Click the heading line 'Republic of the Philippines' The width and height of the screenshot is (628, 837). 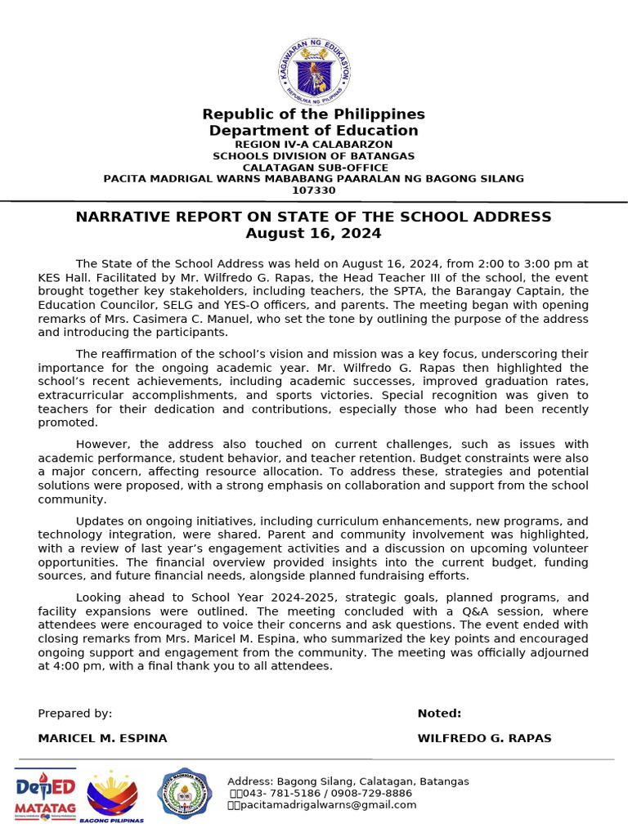point(313,114)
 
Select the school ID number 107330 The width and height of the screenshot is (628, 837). point(313,190)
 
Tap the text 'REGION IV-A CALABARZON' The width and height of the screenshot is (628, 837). point(313,144)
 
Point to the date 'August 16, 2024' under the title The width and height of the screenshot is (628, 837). point(313,234)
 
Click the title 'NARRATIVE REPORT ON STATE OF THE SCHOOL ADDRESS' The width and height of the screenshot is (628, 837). point(313,217)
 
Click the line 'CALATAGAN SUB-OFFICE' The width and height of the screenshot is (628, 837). point(313,168)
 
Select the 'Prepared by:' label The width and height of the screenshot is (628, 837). point(75,714)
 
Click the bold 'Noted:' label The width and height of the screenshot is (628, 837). point(439,714)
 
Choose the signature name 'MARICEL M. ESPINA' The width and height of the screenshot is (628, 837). point(102,738)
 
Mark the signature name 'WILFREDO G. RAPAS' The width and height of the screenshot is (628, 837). point(484,738)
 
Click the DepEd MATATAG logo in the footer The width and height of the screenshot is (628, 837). point(45,794)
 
